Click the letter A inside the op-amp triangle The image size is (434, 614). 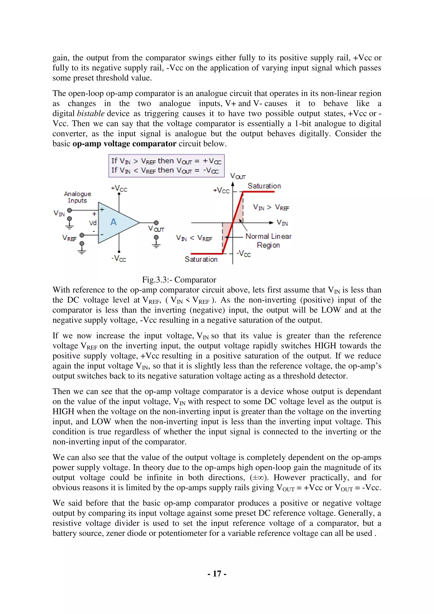point(114,222)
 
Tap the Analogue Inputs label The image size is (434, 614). point(78,197)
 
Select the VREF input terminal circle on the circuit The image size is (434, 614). point(82,235)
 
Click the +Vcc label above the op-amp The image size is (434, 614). point(119,188)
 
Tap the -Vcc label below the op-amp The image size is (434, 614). point(119,258)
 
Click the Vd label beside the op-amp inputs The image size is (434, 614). point(93,223)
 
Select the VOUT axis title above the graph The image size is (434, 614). point(238,176)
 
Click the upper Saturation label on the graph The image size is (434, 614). point(264,186)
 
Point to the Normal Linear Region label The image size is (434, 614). point(268,241)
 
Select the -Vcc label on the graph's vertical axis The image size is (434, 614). point(244,254)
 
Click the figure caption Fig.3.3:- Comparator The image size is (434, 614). point(179,280)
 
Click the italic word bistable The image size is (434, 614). point(91,113)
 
